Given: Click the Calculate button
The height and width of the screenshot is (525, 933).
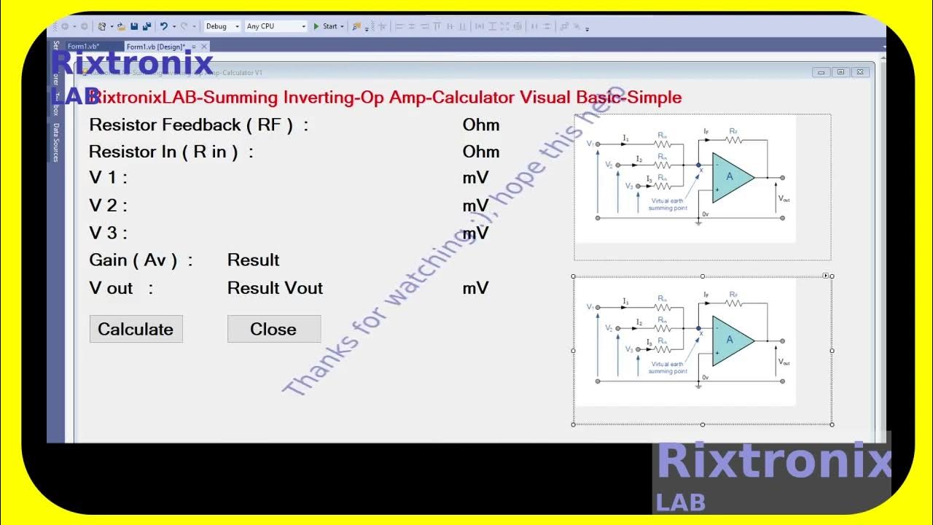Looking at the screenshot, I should tap(136, 329).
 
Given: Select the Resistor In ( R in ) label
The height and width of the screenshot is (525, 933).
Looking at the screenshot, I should tap(171, 152).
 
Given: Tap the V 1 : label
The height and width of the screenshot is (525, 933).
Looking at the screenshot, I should tap(108, 178).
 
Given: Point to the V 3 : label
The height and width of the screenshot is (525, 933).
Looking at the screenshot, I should tap(108, 233).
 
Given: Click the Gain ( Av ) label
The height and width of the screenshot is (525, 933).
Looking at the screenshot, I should tap(141, 260).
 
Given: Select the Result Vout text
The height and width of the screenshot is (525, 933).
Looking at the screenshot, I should tap(275, 288).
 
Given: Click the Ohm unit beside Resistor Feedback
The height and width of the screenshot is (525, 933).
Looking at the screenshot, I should tap(481, 125).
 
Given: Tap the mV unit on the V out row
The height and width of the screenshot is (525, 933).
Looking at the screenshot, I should tap(475, 288).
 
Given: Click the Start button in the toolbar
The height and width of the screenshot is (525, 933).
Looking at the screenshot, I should tap(327, 26).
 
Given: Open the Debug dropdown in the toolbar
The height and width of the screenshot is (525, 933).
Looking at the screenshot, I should tap(222, 26).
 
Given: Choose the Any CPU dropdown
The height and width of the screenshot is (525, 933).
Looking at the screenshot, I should tap(276, 26).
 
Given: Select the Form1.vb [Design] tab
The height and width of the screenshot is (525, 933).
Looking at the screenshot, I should tap(156, 47).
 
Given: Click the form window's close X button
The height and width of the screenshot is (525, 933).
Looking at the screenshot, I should tap(861, 72).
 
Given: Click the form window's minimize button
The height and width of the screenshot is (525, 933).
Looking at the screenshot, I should tap(821, 72).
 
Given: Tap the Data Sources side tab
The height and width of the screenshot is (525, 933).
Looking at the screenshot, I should tap(56, 142).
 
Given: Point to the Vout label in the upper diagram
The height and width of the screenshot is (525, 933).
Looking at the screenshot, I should tap(784, 198).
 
